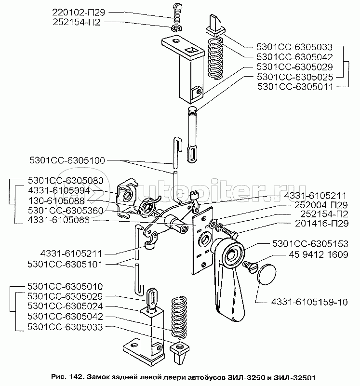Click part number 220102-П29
tap(79, 12)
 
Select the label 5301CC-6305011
tap(295, 87)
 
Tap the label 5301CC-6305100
tap(67, 160)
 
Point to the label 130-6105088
tap(56, 201)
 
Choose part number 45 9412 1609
tap(318, 254)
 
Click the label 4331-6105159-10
tap(309, 302)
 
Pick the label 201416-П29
tap(321, 223)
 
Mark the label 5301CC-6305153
tap(310, 244)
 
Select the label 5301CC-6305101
tap(65, 264)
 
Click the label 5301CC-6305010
tap(65, 287)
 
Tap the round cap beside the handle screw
tap(266, 274)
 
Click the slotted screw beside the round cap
tap(250, 267)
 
